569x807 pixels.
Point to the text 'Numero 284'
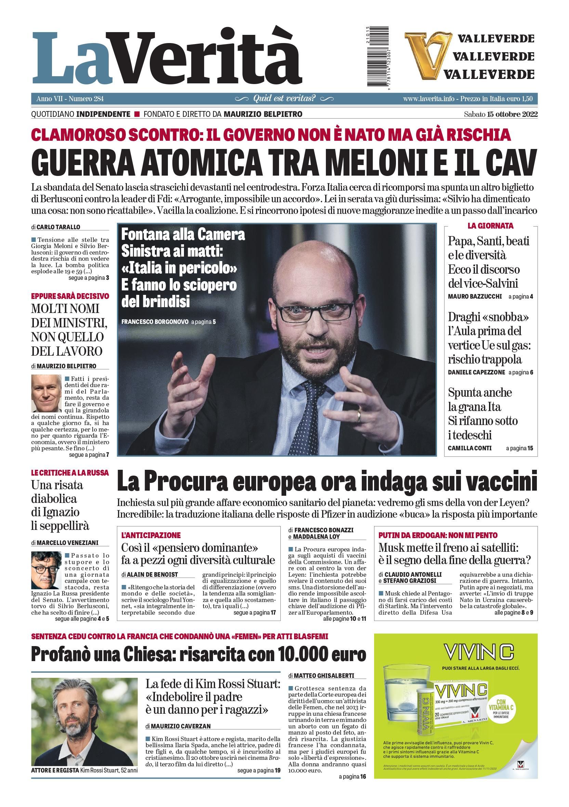86,99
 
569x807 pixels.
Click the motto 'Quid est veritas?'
284,98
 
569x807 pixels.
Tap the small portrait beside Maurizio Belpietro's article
46,393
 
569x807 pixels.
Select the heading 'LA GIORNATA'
490,225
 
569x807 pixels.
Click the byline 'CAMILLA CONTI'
469,448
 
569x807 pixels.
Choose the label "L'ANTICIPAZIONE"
151,535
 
